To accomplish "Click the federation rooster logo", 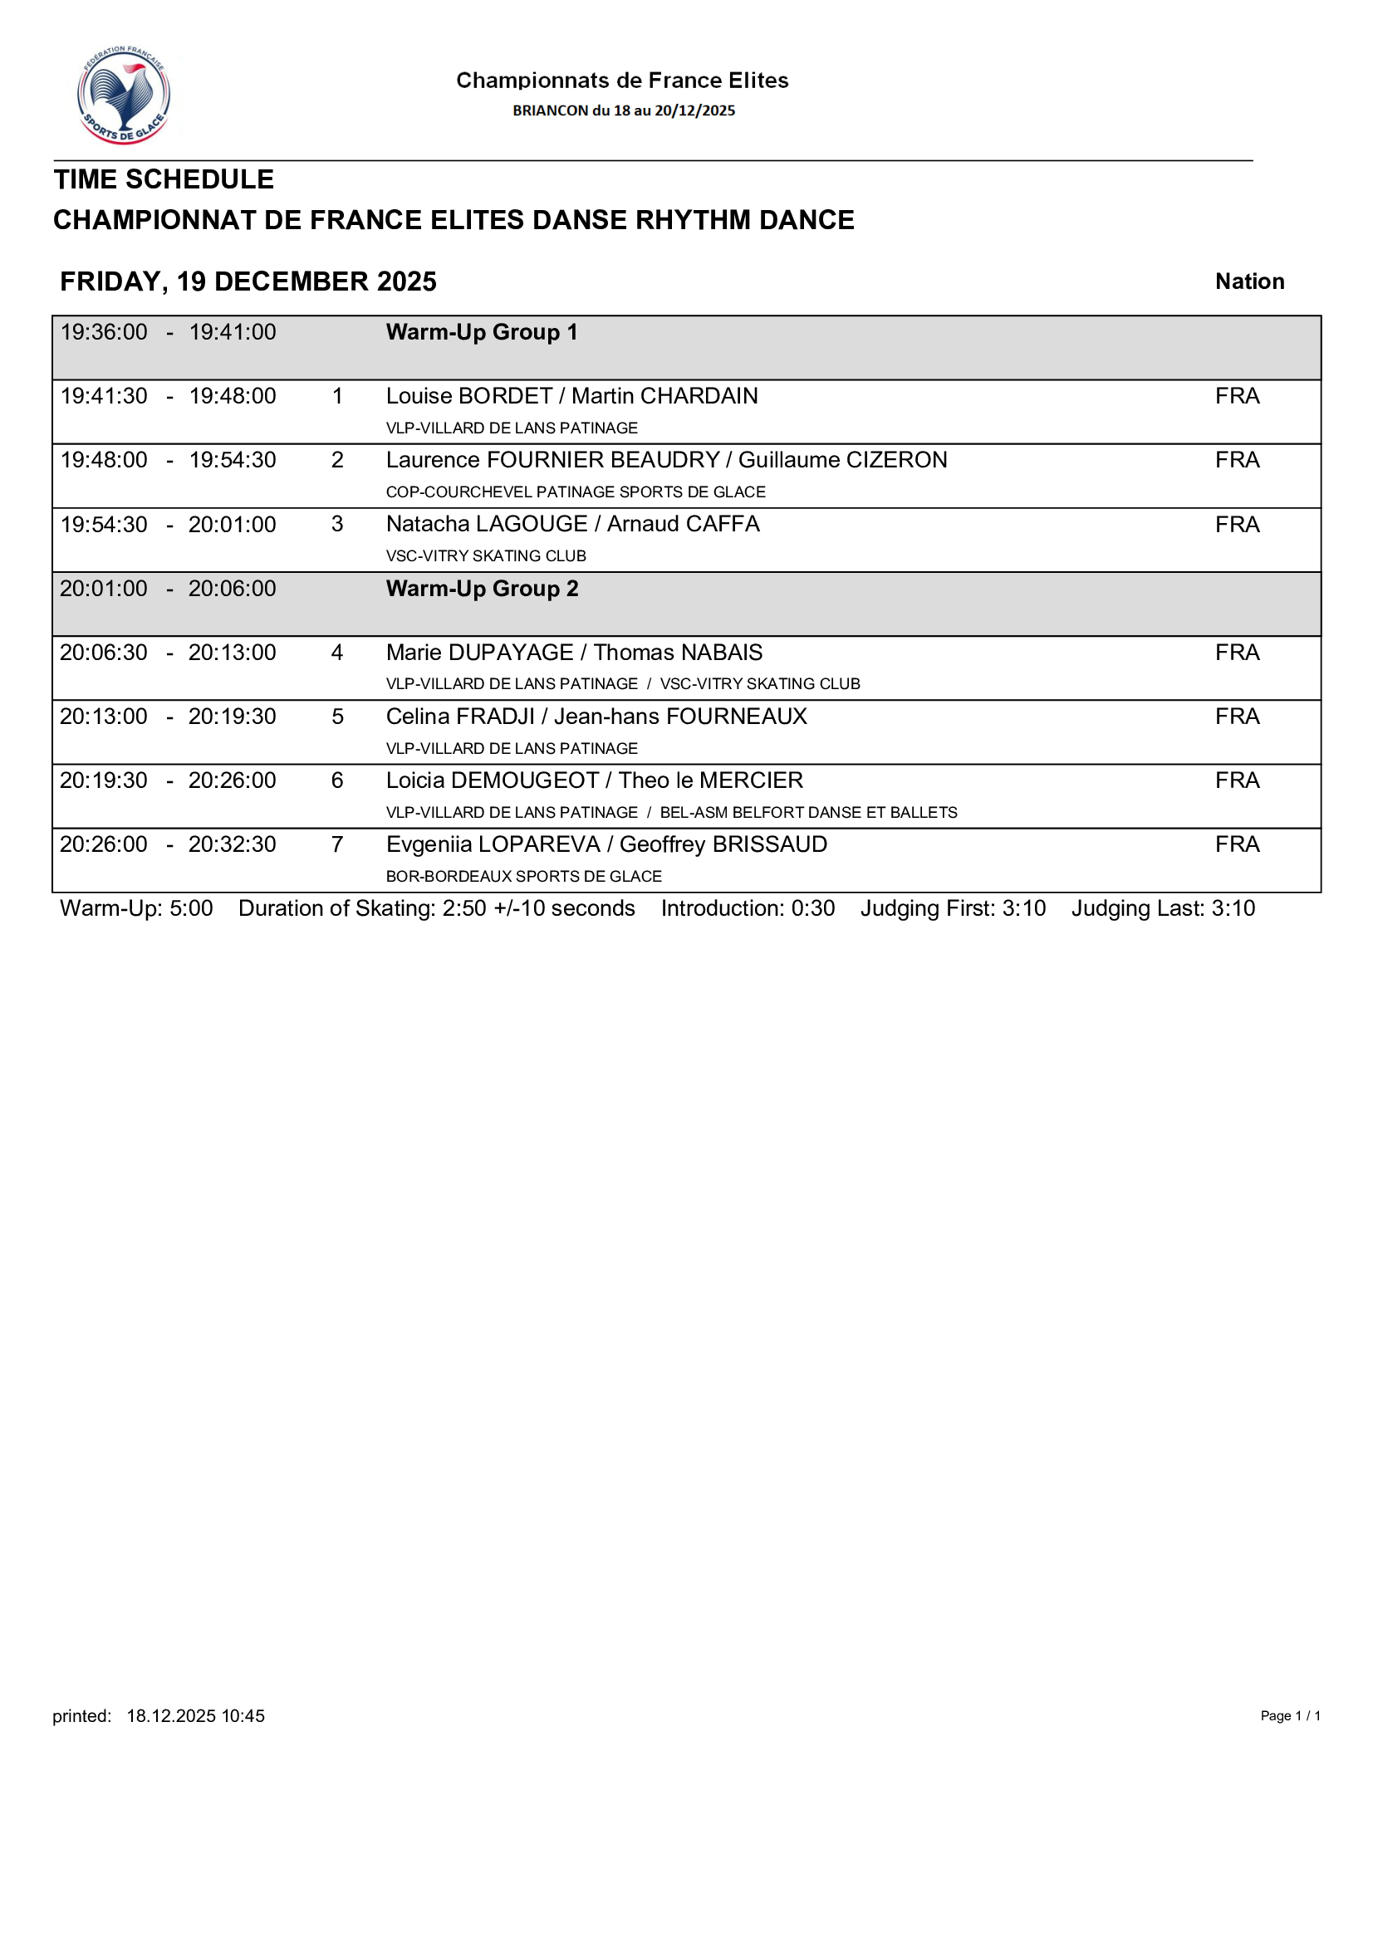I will (124, 95).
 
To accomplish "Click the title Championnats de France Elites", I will (622, 81).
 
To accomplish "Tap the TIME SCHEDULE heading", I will (164, 179).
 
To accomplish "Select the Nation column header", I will (1248, 281).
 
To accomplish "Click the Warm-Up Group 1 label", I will (482, 332).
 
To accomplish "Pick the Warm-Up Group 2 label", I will (482, 589).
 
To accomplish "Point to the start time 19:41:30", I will (103, 396).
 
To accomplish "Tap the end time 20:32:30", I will (232, 844).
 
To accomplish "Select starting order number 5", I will (336, 717).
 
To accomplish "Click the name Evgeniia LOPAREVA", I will (493, 844).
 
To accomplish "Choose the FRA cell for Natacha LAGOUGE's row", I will (1237, 525).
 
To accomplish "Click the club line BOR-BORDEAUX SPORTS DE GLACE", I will (523, 876).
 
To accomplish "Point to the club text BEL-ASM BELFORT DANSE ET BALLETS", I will (808, 813).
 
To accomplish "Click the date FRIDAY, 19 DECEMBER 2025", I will (248, 281).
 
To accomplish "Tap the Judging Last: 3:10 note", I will (1162, 908).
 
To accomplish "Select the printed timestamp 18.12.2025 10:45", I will (195, 1715).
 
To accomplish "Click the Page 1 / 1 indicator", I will (1289, 1715).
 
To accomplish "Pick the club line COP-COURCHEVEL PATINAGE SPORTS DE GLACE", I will (576, 492).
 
